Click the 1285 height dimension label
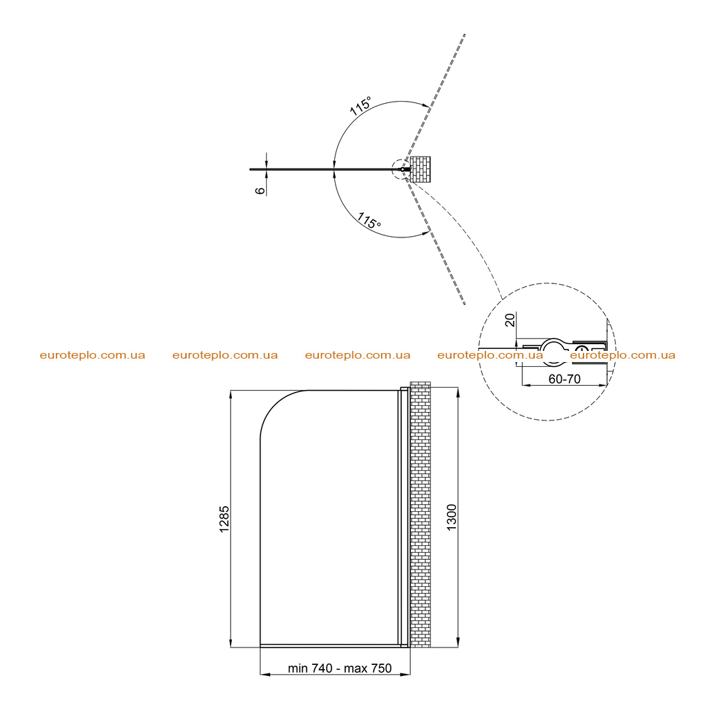pos(224,519)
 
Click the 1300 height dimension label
pos(451,517)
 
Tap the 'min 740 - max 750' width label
pos(340,668)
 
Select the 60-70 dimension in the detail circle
pos(564,379)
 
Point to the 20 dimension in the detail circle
pos(510,320)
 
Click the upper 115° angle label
pos(361,106)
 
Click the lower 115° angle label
pos(369,221)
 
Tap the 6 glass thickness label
pos(260,191)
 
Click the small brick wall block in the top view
pos(420,169)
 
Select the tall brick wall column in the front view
pos(420,515)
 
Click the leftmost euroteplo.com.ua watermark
pos(93,355)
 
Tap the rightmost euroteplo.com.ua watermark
pos(622,355)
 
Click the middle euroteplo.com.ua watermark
pos(357,355)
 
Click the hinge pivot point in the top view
pos(402,170)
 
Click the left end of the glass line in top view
pos(250,170)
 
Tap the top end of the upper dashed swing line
pos(464,34)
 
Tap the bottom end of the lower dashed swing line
pos(464,304)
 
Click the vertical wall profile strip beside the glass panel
pos(404,517)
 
